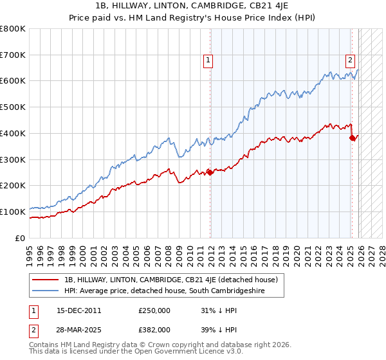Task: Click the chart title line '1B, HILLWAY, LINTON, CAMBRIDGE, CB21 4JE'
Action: tap(192, 6)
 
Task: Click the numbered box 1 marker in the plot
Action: tap(208, 61)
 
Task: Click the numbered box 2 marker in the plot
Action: tap(351, 61)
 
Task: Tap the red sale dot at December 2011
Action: tap(210, 172)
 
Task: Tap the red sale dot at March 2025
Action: tap(352, 137)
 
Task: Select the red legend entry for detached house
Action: tap(170, 280)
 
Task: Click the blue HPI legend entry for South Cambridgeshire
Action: tap(173, 291)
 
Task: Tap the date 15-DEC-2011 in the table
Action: tap(78, 310)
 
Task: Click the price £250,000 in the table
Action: tap(154, 310)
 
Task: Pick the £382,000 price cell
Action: tap(154, 330)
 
